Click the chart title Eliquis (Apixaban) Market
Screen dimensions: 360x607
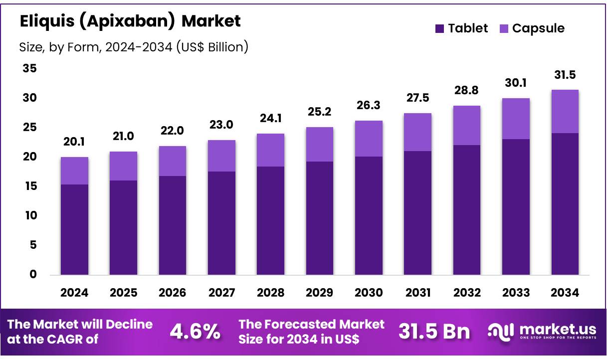130,21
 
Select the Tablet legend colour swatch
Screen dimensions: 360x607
439,28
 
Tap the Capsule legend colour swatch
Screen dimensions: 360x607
503,28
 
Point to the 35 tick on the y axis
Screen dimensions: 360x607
29,68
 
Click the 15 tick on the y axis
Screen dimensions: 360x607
29,186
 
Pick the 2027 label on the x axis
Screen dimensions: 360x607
221,293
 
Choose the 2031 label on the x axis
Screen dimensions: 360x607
418,293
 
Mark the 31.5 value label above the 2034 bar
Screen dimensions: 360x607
565,75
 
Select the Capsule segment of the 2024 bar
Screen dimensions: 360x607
74,171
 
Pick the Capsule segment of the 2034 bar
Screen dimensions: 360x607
565,112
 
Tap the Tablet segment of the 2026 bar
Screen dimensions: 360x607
173,225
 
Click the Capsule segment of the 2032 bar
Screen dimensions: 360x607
467,126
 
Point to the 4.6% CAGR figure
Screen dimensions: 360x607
195,332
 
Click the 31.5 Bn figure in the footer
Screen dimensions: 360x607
434,332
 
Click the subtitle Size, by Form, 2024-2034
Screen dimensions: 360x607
134,47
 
